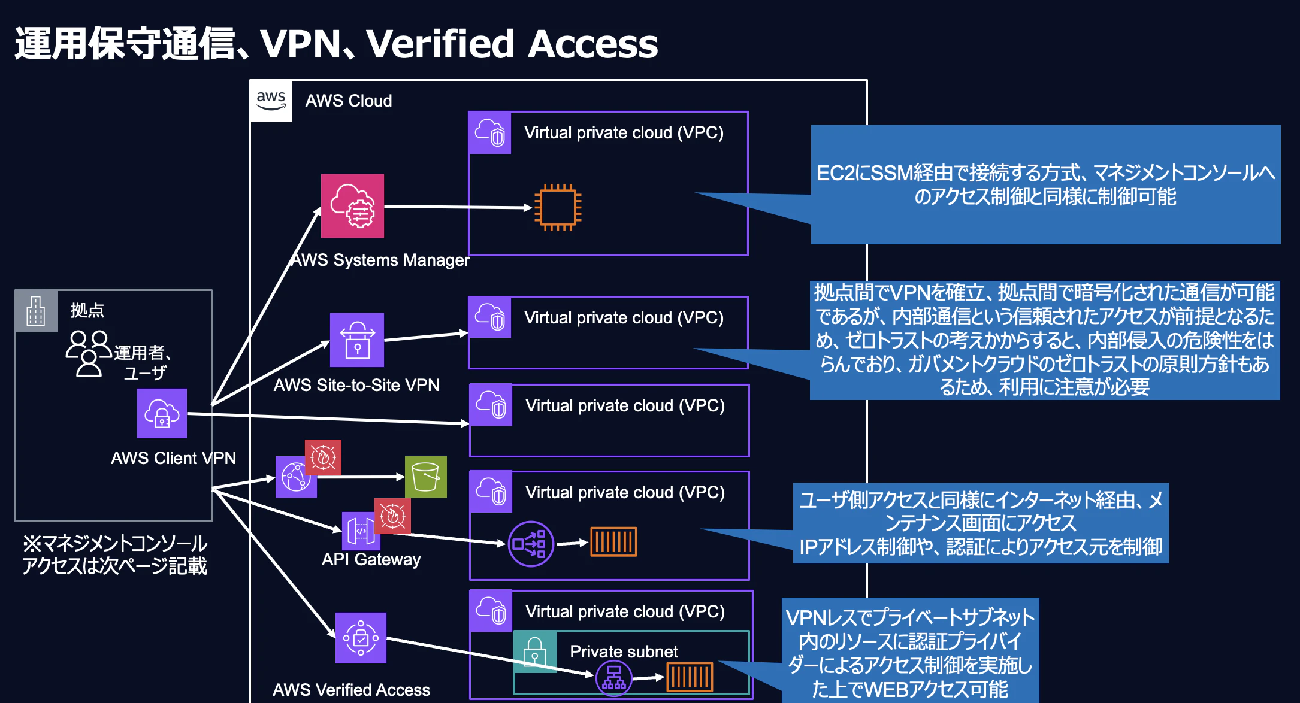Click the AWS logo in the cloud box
point(271,101)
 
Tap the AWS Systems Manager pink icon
point(352,206)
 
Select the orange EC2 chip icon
point(558,207)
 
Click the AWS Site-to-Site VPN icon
point(357,340)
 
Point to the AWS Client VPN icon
point(162,413)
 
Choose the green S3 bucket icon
point(426,477)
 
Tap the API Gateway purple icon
point(361,531)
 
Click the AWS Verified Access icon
point(361,638)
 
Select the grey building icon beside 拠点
point(36,311)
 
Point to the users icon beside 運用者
point(89,353)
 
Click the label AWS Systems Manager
point(380,260)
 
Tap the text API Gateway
point(371,559)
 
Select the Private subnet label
point(624,652)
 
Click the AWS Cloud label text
point(349,101)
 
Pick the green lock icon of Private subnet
point(535,652)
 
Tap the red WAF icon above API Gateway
point(392,516)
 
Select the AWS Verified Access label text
point(352,690)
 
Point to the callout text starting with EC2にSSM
point(1045,184)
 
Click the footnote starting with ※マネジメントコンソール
point(114,554)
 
